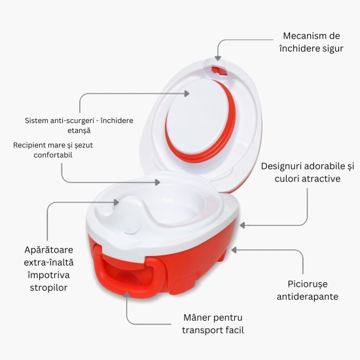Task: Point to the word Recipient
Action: click(x=27, y=145)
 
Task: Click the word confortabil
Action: click(x=53, y=155)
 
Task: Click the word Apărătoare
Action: click(x=48, y=250)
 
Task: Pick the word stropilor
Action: click(x=48, y=287)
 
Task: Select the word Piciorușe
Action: click(x=308, y=284)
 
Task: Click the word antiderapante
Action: click(x=308, y=297)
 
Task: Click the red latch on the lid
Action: click(x=219, y=70)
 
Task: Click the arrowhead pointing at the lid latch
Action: click(x=218, y=58)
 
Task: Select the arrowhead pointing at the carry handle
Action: click(x=126, y=294)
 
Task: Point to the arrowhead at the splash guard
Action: click(x=117, y=202)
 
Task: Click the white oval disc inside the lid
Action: click(x=197, y=116)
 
